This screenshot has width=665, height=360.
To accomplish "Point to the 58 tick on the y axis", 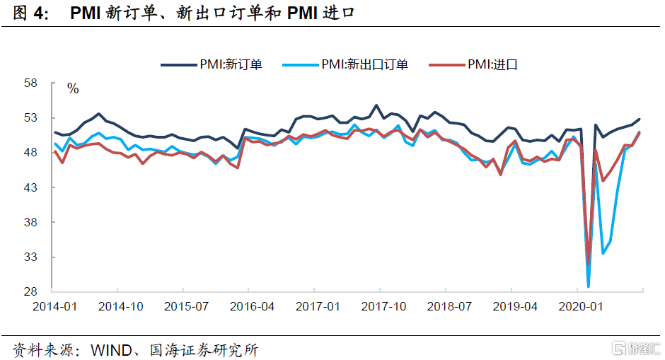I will tap(30, 83).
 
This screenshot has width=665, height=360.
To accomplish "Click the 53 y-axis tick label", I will tap(30, 118).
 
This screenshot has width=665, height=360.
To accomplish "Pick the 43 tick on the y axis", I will tap(30, 187).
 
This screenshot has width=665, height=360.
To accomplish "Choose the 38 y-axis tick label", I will tap(30, 222).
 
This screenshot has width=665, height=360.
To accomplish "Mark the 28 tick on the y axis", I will tap(30, 291).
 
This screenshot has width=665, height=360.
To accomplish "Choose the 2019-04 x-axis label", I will tap(511, 306).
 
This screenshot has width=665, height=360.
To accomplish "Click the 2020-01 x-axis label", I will tap(577, 306).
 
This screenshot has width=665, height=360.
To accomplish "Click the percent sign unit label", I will tap(73, 89).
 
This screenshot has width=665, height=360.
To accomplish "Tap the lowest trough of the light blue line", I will tap(589, 286).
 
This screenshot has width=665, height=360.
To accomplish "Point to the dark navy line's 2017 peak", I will tap(376, 105).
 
